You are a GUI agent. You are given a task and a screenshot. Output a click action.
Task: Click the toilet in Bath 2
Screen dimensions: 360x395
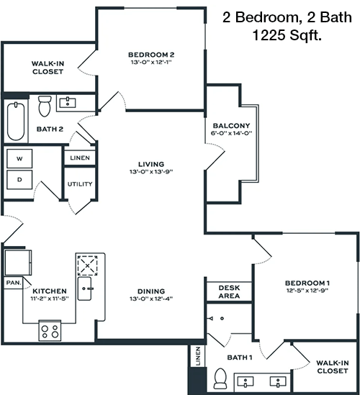click(45, 106)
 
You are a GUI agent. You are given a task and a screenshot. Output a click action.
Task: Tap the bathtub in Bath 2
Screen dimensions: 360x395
click(16, 121)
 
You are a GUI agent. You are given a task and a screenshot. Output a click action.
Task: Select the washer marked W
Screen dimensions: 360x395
click(19, 158)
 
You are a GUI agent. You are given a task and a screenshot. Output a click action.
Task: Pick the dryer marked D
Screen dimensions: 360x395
click(19, 180)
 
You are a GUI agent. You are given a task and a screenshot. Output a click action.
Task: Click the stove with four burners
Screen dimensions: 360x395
click(50, 330)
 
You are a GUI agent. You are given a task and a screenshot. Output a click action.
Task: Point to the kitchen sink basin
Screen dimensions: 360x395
click(84, 289)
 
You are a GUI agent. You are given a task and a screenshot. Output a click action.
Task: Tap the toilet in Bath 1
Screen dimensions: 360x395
click(220, 378)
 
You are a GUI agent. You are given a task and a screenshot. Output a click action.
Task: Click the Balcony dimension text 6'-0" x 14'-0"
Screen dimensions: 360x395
click(231, 133)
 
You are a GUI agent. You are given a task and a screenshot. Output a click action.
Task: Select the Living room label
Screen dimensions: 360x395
click(151, 164)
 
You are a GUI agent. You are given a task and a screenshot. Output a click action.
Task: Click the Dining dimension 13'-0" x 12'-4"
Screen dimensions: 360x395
click(151, 299)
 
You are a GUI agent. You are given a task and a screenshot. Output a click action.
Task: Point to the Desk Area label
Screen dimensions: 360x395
click(229, 291)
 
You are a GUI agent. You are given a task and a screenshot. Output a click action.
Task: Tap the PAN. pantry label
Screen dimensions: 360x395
click(14, 283)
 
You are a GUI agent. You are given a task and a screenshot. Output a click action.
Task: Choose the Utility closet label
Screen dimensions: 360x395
click(80, 184)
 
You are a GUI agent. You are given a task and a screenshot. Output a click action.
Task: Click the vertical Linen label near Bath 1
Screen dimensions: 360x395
click(198, 356)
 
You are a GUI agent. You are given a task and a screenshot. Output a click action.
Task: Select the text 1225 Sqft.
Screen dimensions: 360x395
click(287, 35)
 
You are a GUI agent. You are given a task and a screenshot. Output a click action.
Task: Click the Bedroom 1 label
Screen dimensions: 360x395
click(307, 283)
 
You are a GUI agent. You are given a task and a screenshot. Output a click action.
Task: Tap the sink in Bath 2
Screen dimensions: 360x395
click(67, 103)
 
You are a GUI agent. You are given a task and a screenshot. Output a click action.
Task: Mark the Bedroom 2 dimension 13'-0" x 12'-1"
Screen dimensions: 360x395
click(151, 62)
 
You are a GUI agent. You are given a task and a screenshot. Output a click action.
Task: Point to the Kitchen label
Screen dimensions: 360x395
click(50, 291)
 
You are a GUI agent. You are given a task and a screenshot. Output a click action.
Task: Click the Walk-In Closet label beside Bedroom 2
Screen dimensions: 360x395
click(48, 68)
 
